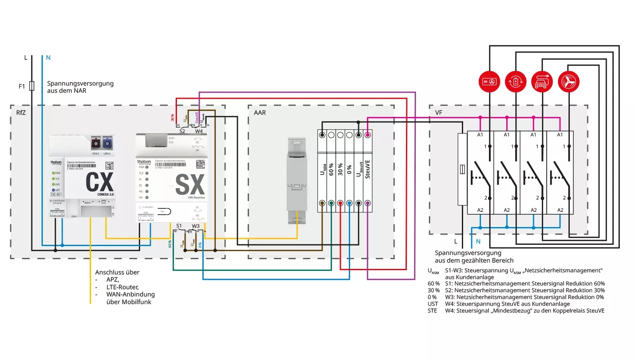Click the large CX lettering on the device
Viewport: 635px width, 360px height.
pyautogui.click(x=99, y=182)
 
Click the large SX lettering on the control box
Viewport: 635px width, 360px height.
pyautogui.click(x=190, y=185)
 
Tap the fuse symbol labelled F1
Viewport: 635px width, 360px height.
pyautogui.click(x=32, y=86)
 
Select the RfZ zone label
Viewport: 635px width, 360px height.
pyautogui.click(x=21, y=113)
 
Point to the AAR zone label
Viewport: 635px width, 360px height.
pyautogui.click(x=260, y=113)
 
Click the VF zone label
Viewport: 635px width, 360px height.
pyautogui.click(x=439, y=113)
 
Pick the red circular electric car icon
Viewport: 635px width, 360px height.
pyautogui.click(x=542, y=82)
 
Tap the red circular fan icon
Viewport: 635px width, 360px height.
pyautogui.click(x=569, y=82)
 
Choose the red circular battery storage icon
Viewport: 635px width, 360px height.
pyautogui.click(x=516, y=82)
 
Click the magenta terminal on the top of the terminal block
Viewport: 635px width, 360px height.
pyautogui.click(x=367, y=135)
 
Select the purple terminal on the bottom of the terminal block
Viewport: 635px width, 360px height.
pyautogui.click(x=367, y=203)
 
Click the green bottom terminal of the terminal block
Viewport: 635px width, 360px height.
pyautogui.click(x=331, y=203)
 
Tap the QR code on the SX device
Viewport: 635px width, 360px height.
pyautogui.click(x=201, y=164)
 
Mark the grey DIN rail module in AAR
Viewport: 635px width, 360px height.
pyautogui.click(x=297, y=180)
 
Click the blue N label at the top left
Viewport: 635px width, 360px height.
pyautogui.click(x=48, y=58)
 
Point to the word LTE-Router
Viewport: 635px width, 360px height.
pyautogui.click(x=122, y=287)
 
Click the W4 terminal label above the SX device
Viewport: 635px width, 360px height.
pyautogui.click(x=199, y=131)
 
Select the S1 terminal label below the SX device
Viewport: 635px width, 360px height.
pyautogui.click(x=179, y=226)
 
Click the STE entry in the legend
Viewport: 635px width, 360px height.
pyautogui.click(x=432, y=311)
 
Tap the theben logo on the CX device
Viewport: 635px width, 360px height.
pyautogui.click(x=56, y=162)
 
